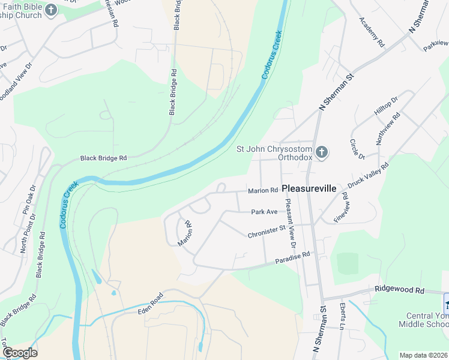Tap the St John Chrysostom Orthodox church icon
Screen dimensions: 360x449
click(x=322, y=152)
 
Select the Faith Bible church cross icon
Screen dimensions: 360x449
click(x=51, y=10)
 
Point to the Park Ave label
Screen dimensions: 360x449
click(x=264, y=212)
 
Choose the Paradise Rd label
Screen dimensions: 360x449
click(x=292, y=258)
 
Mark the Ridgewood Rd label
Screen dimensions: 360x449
click(x=399, y=290)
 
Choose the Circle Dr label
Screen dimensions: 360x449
click(x=357, y=150)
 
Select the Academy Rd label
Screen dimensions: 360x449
click(x=371, y=32)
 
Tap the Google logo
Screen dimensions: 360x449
click(x=19, y=352)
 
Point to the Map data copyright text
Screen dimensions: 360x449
click(x=423, y=355)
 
